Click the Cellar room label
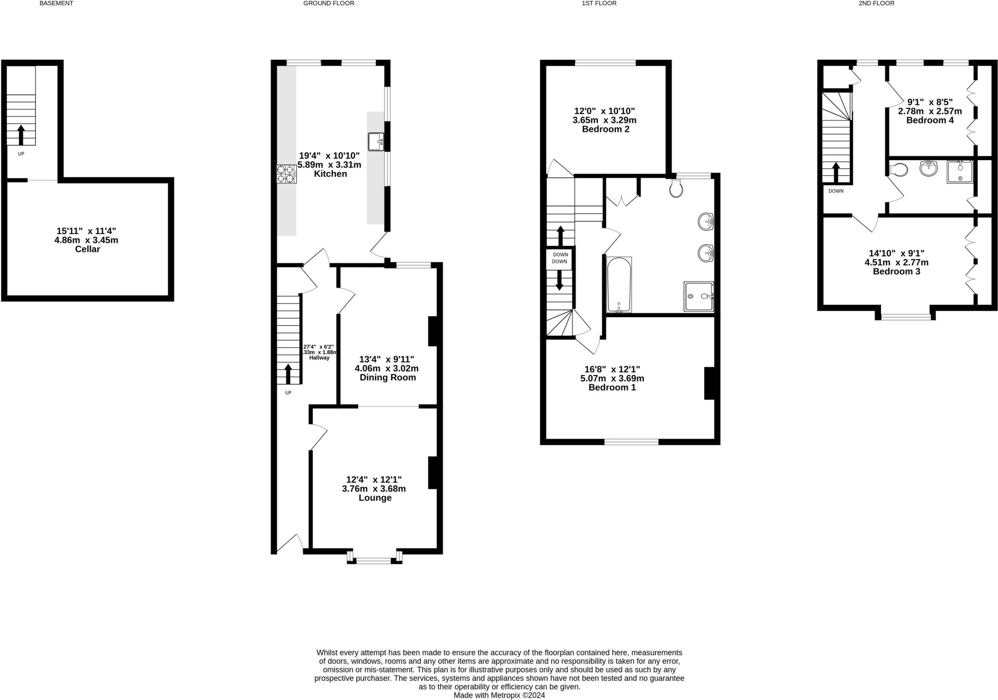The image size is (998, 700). (x=87, y=249)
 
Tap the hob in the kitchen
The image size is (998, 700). (x=286, y=174)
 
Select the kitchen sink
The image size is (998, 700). (x=376, y=142)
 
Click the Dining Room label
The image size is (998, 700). (x=387, y=378)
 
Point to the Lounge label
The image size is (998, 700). (x=375, y=498)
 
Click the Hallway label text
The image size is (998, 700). (x=319, y=358)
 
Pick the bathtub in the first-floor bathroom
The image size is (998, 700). (x=619, y=285)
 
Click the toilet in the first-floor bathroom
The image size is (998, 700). (x=676, y=189)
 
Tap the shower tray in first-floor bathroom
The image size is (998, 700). (x=698, y=296)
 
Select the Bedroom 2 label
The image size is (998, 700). (x=605, y=129)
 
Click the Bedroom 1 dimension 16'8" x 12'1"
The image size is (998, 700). (x=612, y=369)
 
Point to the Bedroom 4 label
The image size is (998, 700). (x=930, y=120)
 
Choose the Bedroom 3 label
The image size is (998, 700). (x=896, y=271)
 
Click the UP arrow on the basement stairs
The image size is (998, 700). (x=21, y=135)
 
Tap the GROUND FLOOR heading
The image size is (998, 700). (x=328, y=3)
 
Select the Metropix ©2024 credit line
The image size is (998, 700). (x=499, y=695)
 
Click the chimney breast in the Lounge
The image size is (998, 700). (x=432, y=473)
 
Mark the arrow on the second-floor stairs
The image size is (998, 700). (x=836, y=172)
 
